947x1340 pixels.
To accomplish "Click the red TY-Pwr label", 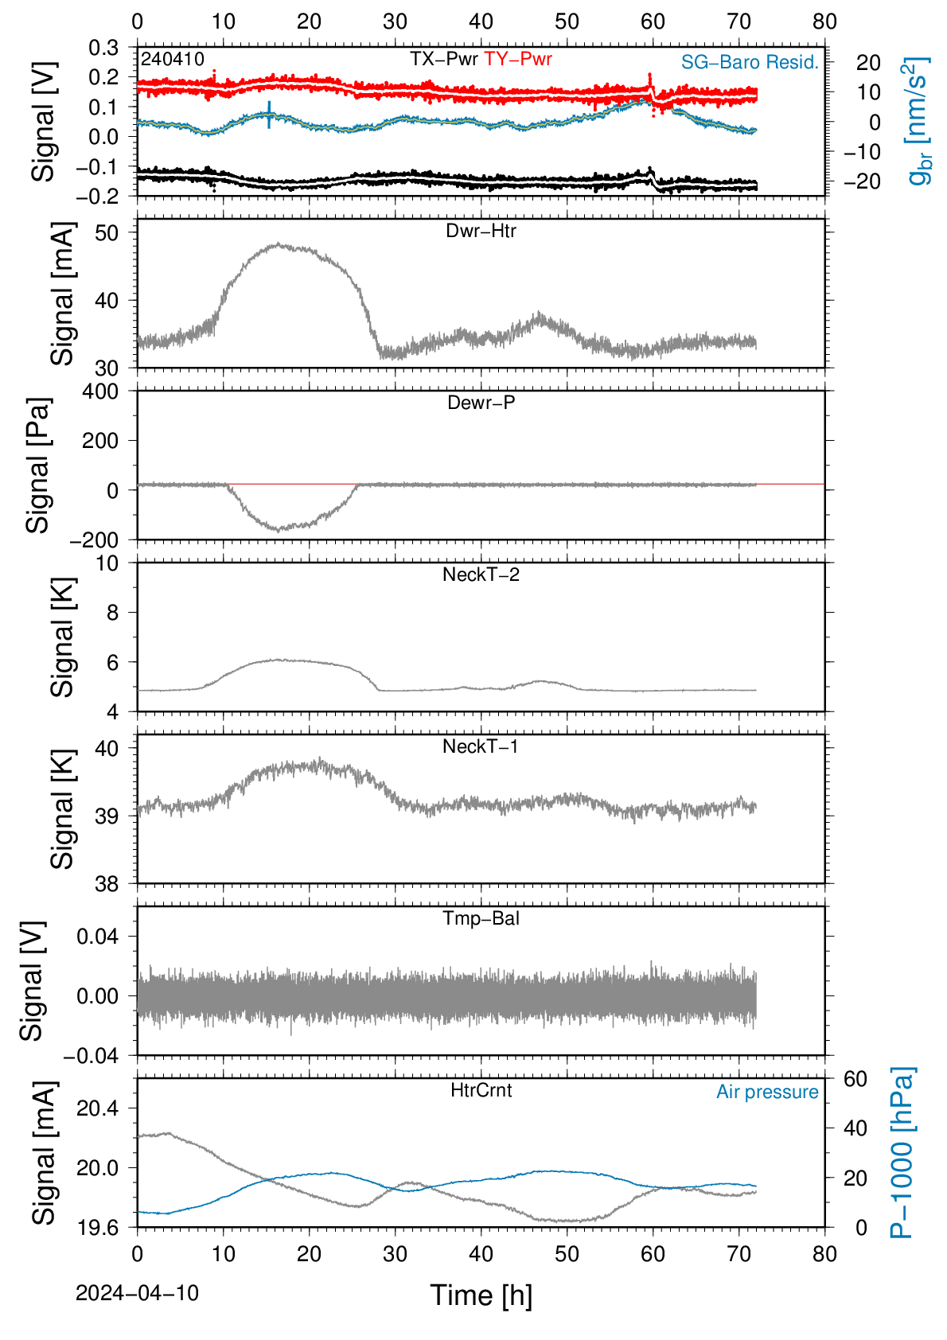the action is click(517, 59).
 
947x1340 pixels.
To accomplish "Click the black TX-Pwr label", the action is click(443, 59).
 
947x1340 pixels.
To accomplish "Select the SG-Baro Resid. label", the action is click(750, 62).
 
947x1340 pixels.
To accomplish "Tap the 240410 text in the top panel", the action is click(173, 59).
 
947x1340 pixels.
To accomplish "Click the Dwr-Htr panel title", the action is click(481, 231).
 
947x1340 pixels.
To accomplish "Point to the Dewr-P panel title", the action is click(481, 403).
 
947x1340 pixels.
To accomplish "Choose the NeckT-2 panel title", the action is click(481, 575).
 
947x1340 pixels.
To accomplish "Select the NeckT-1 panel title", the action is click(481, 746).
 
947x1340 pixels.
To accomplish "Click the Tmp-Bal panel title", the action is click(481, 917).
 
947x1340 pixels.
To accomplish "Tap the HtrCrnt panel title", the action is click(481, 1090).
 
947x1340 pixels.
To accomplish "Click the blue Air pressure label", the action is click(767, 1093).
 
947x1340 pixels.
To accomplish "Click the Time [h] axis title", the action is click(481, 1295).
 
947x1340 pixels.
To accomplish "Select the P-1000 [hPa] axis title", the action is click(902, 1152).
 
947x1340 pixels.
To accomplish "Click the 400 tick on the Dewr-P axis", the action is click(99, 391).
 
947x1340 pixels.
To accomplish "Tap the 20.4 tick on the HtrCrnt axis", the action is click(97, 1108).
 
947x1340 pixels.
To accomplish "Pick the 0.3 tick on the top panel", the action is click(103, 48).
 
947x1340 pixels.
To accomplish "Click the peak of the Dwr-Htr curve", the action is click(279, 244).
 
